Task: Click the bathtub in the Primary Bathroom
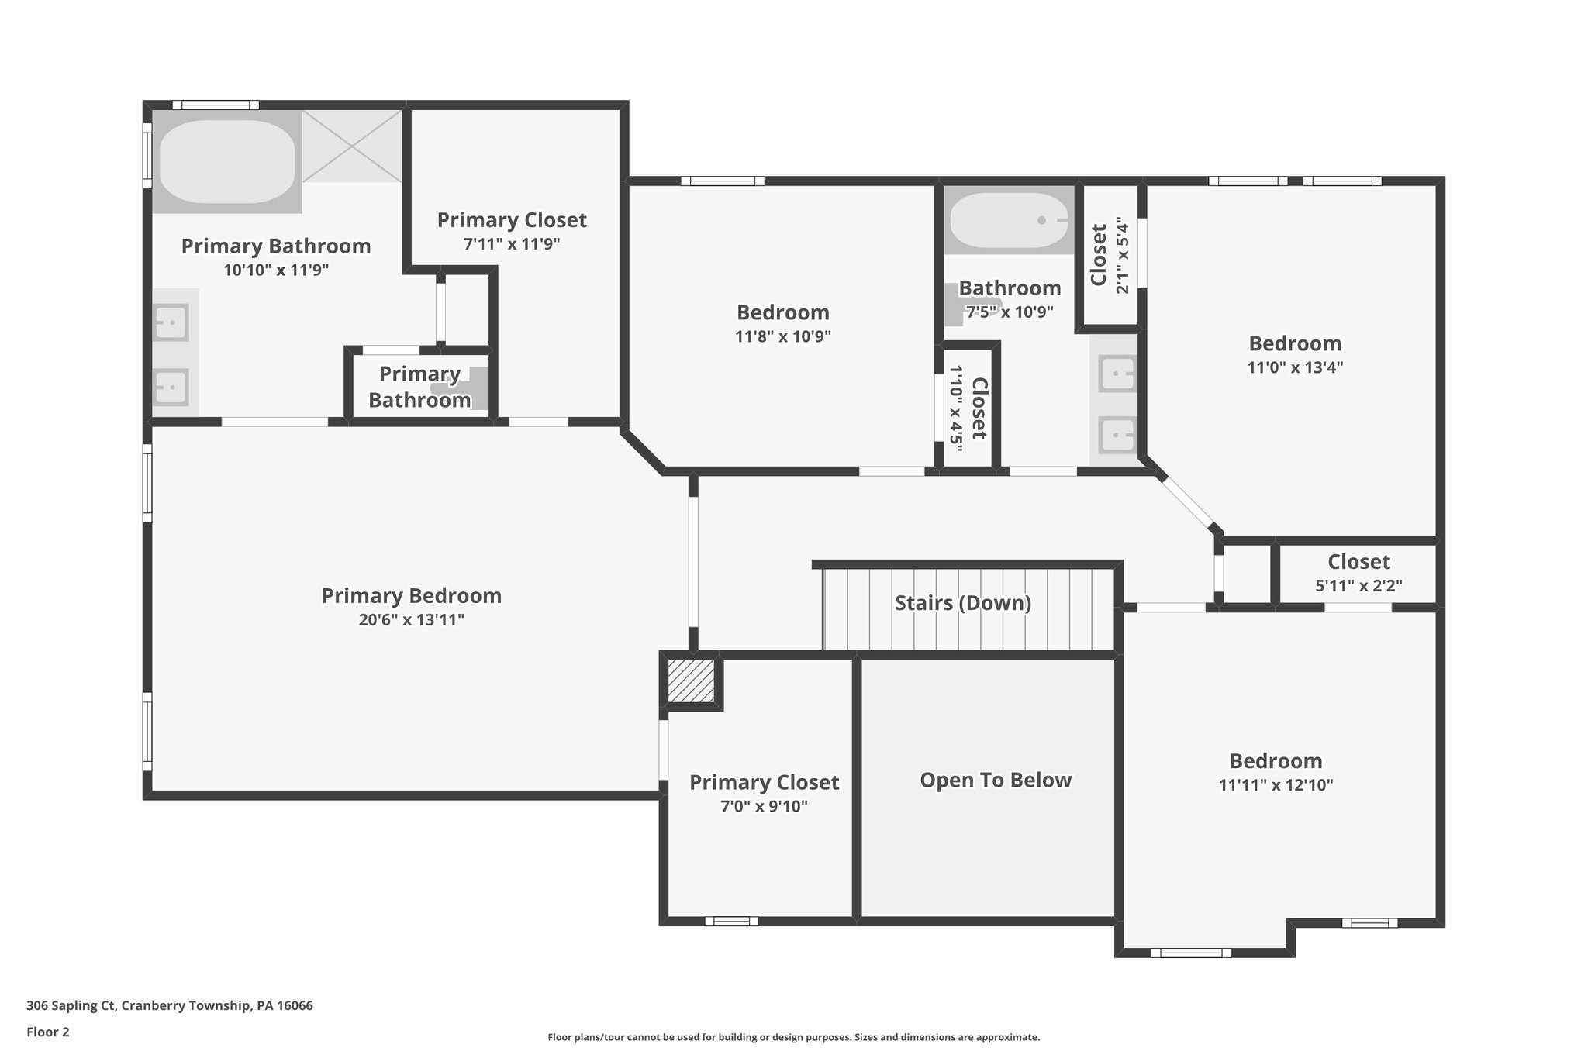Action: pos(227,161)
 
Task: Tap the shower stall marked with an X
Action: pos(352,146)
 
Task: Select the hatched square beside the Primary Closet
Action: pos(691,681)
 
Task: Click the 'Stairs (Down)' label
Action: pos(963,603)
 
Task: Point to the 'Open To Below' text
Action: pos(996,780)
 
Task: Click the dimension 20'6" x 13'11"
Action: pos(412,620)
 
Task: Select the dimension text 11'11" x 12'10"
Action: pos(1276,785)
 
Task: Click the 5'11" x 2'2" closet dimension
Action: pos(1358,586)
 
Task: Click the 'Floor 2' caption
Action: pos(48,1032)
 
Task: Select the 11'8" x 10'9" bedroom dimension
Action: pos(783,336)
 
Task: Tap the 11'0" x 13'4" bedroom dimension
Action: pos(1295,367)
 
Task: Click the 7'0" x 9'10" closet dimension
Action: pos(764,807)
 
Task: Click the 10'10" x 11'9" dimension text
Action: pos(276,271)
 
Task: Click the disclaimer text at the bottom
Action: pos(793,1037)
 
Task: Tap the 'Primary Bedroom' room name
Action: pos(412,596)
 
